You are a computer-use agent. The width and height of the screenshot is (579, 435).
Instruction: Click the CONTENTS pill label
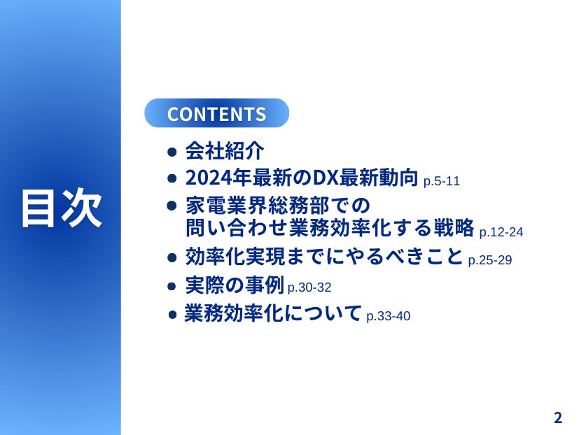(x=216, y=113)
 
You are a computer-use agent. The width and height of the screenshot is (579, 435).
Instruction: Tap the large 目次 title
(x=62, y=208)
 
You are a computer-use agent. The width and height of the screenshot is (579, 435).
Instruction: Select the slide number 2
(x=558, y=418)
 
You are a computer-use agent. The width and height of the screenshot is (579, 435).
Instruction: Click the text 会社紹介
(x=225, y=150)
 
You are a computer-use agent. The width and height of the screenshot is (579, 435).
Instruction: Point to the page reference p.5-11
(x=442, y=182)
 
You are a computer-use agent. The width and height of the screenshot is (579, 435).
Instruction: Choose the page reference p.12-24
(x=501, y=232)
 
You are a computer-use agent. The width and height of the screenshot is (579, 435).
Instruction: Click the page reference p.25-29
(x=490, y=260)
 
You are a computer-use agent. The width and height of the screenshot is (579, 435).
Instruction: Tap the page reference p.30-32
(x=309, y=287)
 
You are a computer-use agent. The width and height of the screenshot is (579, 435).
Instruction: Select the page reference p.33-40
(x=389, y=316)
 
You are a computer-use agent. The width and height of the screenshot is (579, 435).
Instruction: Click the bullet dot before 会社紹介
(x=172, y=152)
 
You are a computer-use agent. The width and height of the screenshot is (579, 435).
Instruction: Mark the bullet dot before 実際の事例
(x=172, y=286)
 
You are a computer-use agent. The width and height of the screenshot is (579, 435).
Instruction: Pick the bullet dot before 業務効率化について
(x=172, y=315)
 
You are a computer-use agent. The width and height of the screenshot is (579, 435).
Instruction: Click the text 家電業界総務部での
(x=278, y=205)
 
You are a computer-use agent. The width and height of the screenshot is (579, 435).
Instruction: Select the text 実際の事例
(x=235, y=285)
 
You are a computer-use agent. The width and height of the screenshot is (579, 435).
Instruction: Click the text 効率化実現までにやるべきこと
(x=324, y=257)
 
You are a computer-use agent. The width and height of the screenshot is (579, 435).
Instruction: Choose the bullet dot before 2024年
(x=172, y=178)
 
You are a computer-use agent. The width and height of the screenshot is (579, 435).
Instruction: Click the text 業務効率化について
(x=272, y=313)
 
